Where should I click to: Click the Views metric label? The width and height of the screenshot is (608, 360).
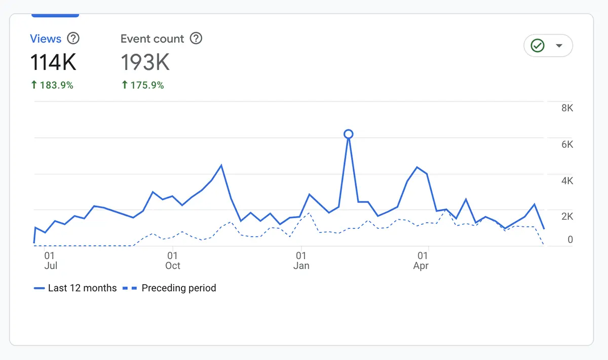pyautogui.click(x=46, y=39)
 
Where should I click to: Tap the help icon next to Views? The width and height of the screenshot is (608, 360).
pyautogui.click(x=73, y=38)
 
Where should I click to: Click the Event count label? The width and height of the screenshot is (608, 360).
pyautogui.click(x=152, y=39)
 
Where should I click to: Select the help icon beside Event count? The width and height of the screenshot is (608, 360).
pyautogui.click(x=196, y=38)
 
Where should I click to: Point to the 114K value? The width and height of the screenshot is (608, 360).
pyautogui.click(x=53, y=63)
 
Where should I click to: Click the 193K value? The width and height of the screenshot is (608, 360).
pyautogui.click(x=145, y=63)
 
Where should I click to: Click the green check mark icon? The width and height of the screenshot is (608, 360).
pyautogui.click(x=537, y=46)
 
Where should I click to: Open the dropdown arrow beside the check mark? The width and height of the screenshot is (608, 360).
pyautogui.click(x=559, y=46)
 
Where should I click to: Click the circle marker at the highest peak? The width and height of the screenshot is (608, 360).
pyautogui.click(x=348, y=134)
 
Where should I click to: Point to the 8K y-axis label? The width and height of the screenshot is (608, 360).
pyautogui.click(x=567, y=108)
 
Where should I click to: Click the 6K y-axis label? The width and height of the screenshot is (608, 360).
pyautogui.click(x=567, y=144)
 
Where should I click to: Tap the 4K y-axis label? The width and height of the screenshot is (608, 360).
pyautogui.click(x=567, y=181)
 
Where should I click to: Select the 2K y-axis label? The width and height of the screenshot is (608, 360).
pyautogui.click(x=567, y=217)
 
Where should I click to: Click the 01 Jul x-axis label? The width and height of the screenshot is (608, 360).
pyautogui.click(x=50, y=261)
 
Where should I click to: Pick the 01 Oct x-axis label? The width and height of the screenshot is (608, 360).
pyautogui.click(x=173, y=261)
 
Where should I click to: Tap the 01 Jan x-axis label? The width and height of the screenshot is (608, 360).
pyautogui.click(x=301, y=261)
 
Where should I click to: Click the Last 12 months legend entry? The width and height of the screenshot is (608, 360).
pyautogui.click(x=75, y=288)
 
